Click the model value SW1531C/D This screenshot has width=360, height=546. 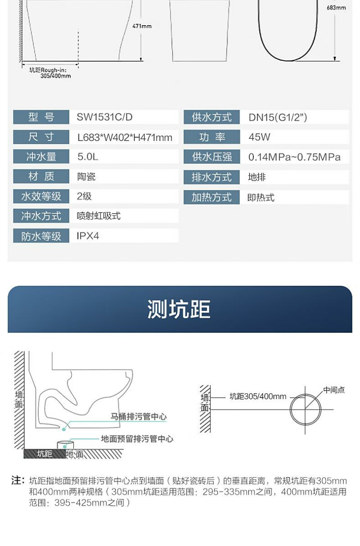pos(105,117)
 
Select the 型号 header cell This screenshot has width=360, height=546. pos(41,117)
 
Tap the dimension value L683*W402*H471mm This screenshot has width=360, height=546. pos(125,137)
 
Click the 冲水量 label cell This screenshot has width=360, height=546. pos(41,157)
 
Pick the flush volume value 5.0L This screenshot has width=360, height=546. pos(87,157)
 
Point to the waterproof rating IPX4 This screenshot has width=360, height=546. pos(88,236)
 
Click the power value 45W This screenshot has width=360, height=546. pos(260,137)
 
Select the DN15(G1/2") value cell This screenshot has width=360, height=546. pos(278,117)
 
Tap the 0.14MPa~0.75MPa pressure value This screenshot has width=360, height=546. pos(294,157)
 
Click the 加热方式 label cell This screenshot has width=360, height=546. pos(211,197)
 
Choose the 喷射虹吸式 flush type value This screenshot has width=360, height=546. pos(99,216)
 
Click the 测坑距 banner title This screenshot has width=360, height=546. pos(179,309)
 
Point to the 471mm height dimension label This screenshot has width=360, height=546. pos(142,26)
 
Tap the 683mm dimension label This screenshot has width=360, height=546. pos(336,8)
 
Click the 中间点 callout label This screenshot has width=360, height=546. pos(334,390)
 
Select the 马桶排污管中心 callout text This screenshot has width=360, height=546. pos(139,417)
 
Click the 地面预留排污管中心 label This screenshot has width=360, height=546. pos(137,439)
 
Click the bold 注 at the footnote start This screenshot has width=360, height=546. pos(17,481)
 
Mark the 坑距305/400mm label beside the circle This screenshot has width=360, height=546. pos(258,397)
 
